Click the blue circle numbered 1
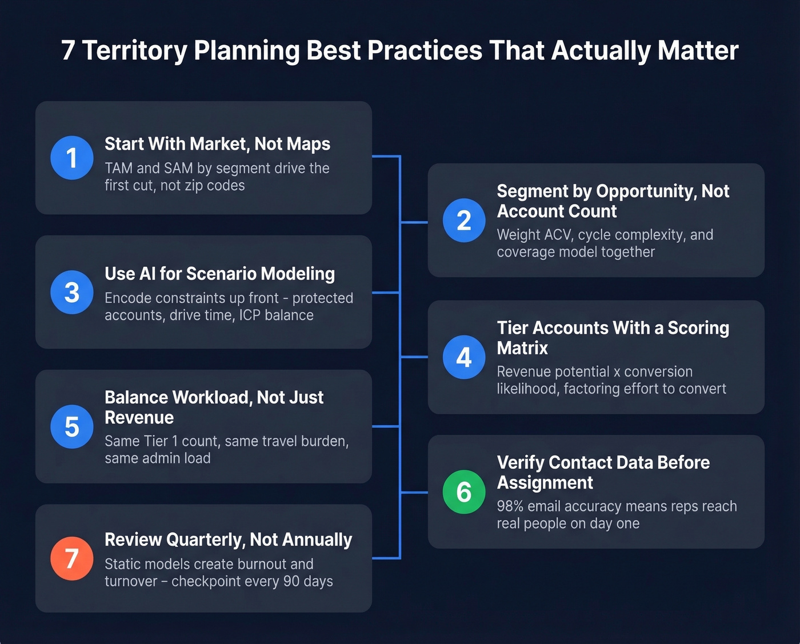click(x=72, y=158)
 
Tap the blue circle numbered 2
click(x=464, y=221)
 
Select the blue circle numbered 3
click(x=72, y=292)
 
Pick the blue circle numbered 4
click(x=464, y=357)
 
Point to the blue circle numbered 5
click(x=72, y=426)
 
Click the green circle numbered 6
click(x=464, y=492)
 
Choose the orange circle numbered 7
click(x=72, y=558)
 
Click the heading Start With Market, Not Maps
click(x=217, y=144)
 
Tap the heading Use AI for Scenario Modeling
click(x=219, y=274)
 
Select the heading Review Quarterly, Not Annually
click(x=228, y=539)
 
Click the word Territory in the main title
click(x=134, y=50)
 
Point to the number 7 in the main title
click(x=68, y=50)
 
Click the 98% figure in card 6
click(x=510, y=506)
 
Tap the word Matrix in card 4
click(x=522, y=348)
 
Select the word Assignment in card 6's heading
click(x=545, y=483)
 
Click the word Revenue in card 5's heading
click(x=139, y=418)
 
